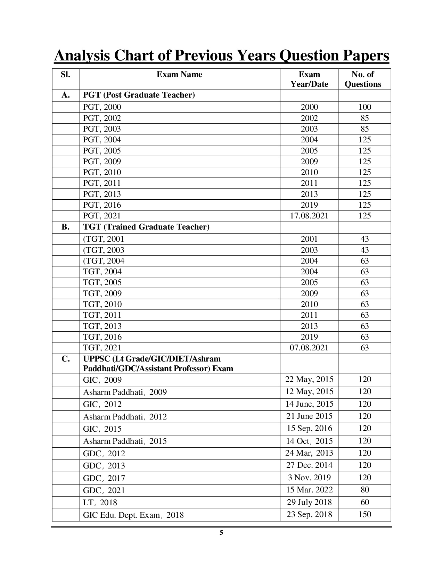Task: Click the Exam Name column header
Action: click(x=179, y=74)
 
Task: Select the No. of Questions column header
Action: click(x=364, y=79)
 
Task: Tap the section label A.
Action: click(x=65, y=95)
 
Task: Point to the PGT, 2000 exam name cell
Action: click(x=102, y=107)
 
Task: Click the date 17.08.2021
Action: click(x=309, y=216)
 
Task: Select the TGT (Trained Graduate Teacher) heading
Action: click(x=146, y=227)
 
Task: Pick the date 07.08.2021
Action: click(x=309, y=348)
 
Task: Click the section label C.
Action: click(x=65, y=359)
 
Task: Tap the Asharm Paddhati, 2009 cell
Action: click(x=125, y=392)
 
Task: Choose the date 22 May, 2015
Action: click(x=309, y=379)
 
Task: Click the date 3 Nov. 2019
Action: click(x=309, y=477)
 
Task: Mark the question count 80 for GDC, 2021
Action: click(x=365, y=490)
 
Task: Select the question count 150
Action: click(x=365, y=514)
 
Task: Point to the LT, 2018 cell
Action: click(x=100, y=503)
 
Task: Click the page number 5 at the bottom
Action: click(x=221, y=533)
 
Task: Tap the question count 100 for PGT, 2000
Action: click(x=365, y=107)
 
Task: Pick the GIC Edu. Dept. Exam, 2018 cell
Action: click(x=133, y=515)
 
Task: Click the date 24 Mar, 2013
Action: click(x=309, y=453)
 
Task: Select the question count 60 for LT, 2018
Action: click(x=365, y=502)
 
